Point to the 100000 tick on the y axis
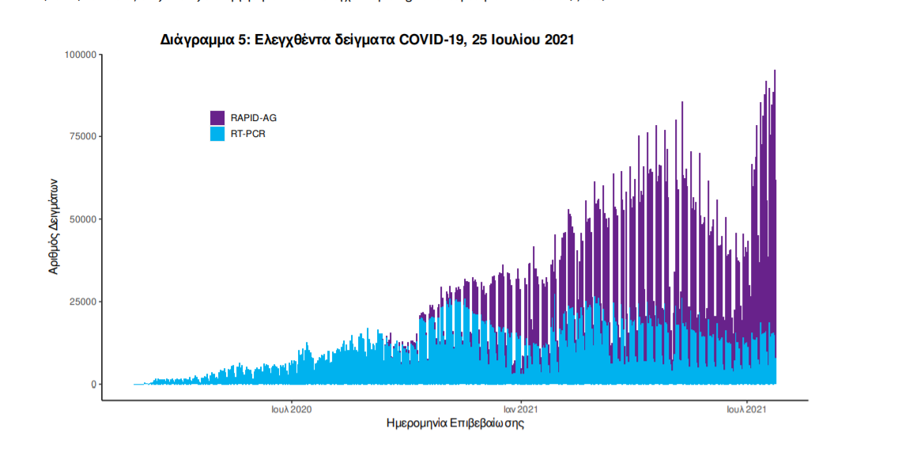(x=79, y=55)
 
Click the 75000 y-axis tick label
(x=81, y=137)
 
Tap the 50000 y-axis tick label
(x=81, y=219)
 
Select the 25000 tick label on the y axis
(x=81, y=302)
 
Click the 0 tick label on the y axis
(x=93, y=385)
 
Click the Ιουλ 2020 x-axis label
(x=292, y=409)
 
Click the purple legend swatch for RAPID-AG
(x=218, y=117)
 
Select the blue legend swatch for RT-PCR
(x=218, y=134)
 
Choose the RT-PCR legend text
(x=247, y=135)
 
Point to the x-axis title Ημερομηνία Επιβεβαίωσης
(x=455, y=424)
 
